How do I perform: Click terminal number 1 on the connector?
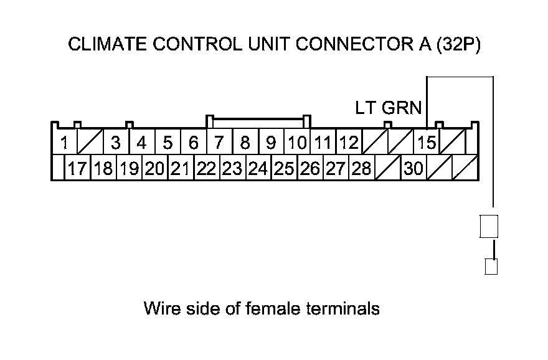[x=64, y=143]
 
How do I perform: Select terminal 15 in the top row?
[x=427, y=143]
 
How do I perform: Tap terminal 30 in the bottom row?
[x=413, y=168]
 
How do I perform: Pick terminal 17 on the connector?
[x=77, y=168]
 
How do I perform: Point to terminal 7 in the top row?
[x=219, y=143]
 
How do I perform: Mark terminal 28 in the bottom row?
[x=361, y=168]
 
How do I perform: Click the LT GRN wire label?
[x=388, y=108]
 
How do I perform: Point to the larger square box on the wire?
[x=489, y=227]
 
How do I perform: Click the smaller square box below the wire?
[x=491, y=267]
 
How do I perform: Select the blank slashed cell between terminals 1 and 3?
[x=90, y=143]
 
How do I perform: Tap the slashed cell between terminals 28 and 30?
[x=387, y=168]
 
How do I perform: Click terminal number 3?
[x=116, y=143]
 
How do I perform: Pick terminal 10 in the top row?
[x=297, y=143]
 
